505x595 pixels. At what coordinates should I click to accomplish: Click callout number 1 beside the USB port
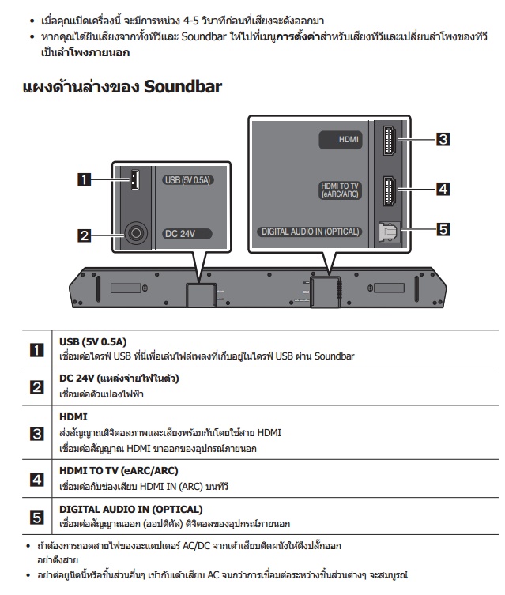pos(85,179)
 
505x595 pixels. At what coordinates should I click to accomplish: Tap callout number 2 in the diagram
pos(85,235)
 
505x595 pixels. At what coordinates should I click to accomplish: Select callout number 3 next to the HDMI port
pos(443,139)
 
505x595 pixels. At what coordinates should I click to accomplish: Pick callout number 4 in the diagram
pos(443,189)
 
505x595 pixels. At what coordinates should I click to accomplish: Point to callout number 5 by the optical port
pos(443,229)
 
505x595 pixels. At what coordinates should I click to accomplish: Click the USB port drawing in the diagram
pos(134,179)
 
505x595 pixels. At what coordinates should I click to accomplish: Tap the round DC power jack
pos(136,232)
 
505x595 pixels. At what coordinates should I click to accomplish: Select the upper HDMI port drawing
pos(390,141)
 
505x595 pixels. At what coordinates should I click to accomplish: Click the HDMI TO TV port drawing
pos(390,191)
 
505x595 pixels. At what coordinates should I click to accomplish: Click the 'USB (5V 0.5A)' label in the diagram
pos(187,180)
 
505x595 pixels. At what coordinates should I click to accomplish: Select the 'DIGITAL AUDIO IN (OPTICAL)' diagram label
pos(310,232)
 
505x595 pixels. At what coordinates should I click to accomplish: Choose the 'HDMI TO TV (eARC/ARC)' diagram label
pos(340,190)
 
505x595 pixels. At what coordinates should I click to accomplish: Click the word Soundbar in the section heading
pos(183,86)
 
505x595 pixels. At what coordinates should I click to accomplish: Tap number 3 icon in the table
pos(37,433)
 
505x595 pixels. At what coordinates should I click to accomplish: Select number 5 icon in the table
pos(37,518)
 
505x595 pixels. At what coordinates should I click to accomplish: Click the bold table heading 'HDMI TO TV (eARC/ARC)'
pos(119,471)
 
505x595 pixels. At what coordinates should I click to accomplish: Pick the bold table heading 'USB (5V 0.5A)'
pos(93,342)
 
